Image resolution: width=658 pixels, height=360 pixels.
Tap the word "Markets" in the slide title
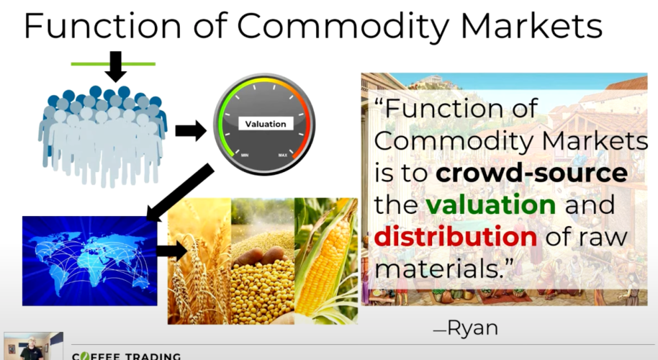(531, 26)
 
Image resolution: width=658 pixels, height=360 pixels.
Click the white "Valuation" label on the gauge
(266, 124)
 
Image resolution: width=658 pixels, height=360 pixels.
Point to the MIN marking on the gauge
(245, 156)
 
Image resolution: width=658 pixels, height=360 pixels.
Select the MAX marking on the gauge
(283, 156)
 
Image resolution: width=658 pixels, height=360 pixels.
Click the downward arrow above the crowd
(115, 66)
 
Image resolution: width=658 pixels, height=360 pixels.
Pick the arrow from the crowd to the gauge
(191, 130)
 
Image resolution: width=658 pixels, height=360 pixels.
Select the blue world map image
(90, 261)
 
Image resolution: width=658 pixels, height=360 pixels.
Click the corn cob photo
(326, 261)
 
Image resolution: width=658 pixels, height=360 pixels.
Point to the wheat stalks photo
(199, 261)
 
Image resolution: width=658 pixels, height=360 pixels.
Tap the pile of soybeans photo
(263, 261)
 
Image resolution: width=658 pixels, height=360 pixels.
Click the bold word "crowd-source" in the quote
(532, 173)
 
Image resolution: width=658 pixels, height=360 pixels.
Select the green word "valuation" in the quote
(491, 204)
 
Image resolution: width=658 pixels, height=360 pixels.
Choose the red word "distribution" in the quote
(455, 236)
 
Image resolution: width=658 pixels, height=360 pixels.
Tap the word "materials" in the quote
(436, 268)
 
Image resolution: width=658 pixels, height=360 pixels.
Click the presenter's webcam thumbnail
(34, 346)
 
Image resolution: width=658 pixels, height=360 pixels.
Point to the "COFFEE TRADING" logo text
(126, 356)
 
